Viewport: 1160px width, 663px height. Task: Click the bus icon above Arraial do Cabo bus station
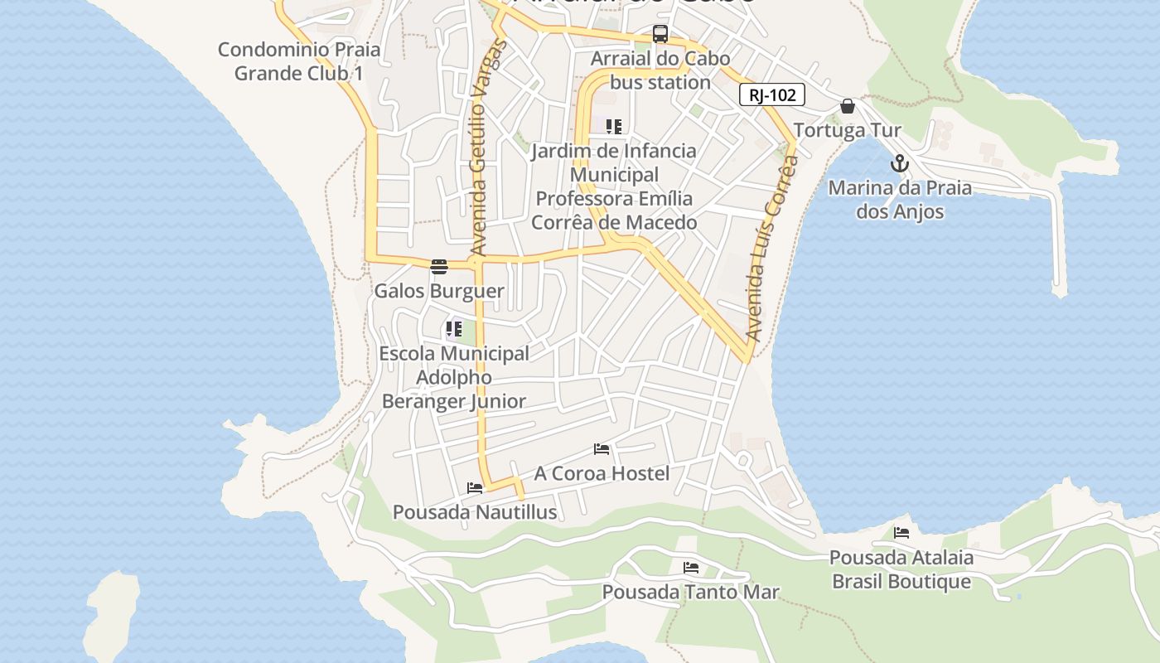tap(660, 34)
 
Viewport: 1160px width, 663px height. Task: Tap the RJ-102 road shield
tap(771, 95)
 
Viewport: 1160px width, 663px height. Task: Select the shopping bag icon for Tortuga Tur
tap(847, 106)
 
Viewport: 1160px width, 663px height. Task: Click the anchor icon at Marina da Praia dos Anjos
tap(900, 163)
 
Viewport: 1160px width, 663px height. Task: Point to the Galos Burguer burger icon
tap(439, 267)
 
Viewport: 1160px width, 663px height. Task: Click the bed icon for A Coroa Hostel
tap(602, 449)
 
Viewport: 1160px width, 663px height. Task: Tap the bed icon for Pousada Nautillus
tap(475, 488)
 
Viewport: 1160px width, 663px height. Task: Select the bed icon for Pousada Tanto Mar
tap(690, 568)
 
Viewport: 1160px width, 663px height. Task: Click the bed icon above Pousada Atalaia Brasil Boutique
tap(901, 533)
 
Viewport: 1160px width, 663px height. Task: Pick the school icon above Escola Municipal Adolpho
tap(453, 329)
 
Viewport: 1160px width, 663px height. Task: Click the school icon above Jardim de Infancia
tap(613, 127)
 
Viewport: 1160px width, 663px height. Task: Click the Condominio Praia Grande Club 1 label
tap(299, 61)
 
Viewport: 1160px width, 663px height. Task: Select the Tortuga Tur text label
tap(847, 130)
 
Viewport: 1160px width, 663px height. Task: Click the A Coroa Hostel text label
tap(602, 473)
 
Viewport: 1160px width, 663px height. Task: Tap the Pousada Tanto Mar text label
tap(690, 592)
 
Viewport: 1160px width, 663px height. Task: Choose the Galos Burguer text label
tap(439, 291)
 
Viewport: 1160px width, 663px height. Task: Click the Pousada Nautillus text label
tap(475, 512)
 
